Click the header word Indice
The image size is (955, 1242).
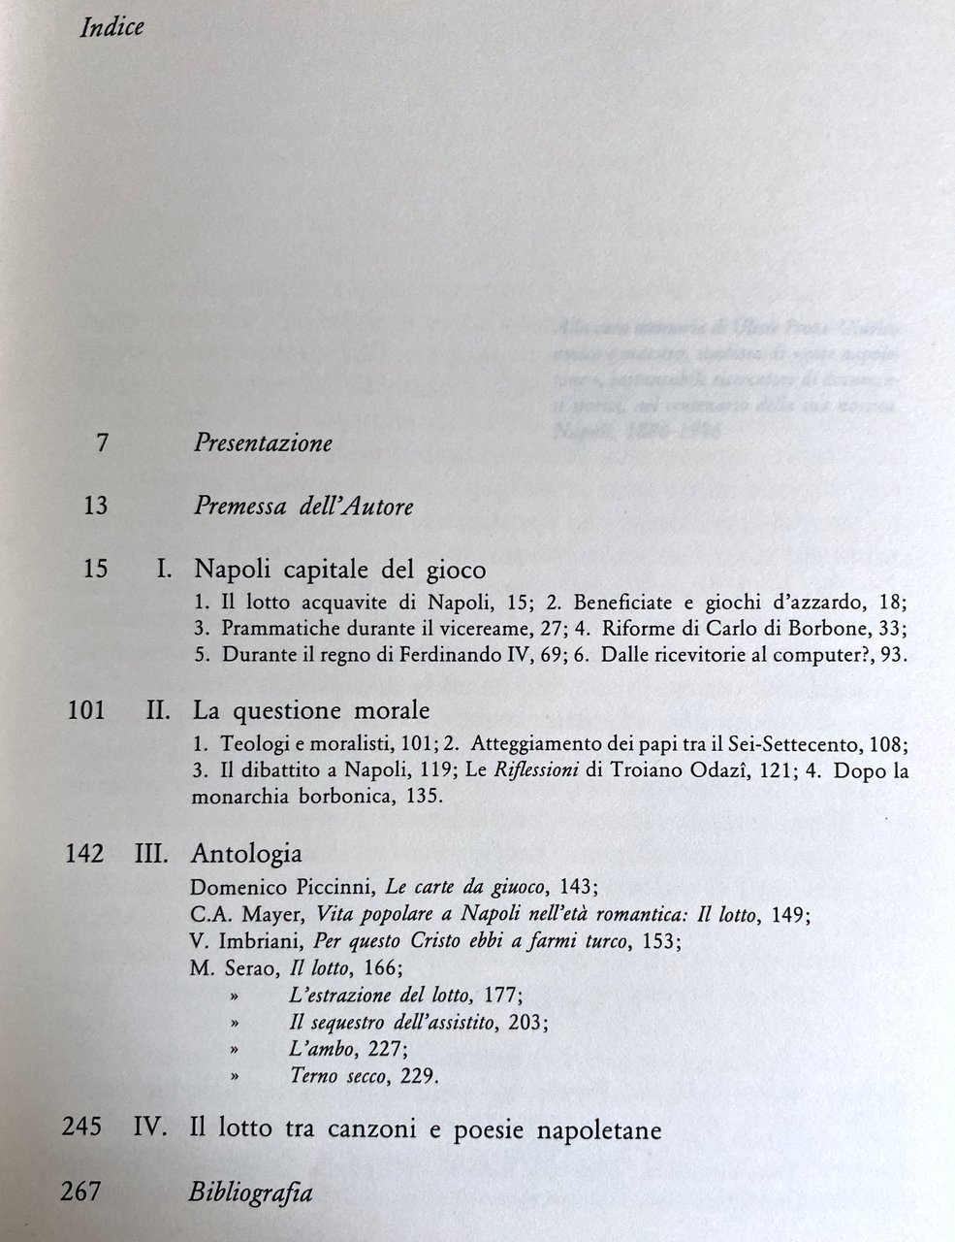[x=111, y=27]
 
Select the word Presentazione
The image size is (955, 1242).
[x=263, y=444]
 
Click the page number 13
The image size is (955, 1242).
[x=95, y=506]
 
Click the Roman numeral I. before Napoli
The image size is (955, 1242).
[x=164, y=569]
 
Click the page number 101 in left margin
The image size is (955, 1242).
[x=85, y=710]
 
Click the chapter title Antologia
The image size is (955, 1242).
[x=247, y=853]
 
